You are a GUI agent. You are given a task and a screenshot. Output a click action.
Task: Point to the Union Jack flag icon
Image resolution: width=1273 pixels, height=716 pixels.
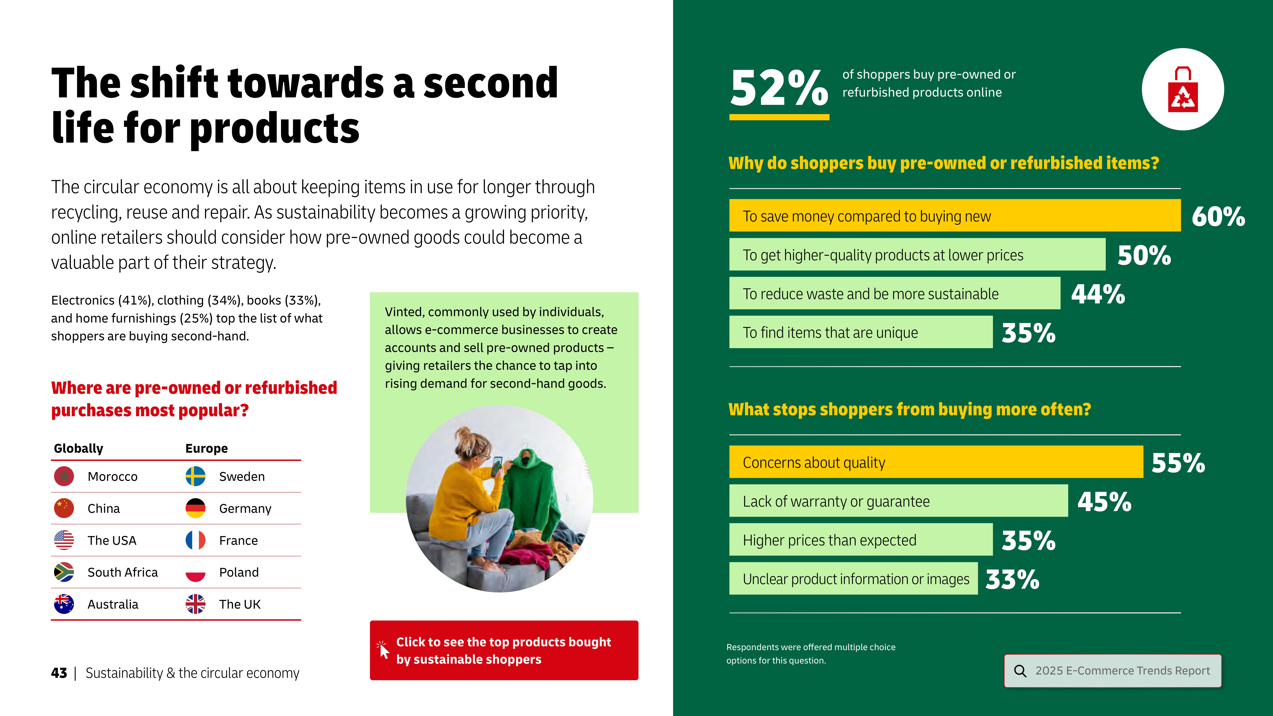pyautogui.click(x=195, y=604)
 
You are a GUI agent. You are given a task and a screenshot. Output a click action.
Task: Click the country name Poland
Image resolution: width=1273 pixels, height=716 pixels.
pyautogui.click(x=239, y=572)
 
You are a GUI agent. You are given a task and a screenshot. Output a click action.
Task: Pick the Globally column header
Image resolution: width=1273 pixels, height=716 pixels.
pyautogui.click(x=79, y=448)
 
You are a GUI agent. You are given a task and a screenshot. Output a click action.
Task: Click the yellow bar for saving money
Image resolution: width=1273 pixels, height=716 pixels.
pyautogui.click(x=955, y=215)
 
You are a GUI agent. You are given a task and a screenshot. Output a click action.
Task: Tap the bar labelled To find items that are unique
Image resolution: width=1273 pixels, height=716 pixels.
pyautogui.click(x=861, y=332)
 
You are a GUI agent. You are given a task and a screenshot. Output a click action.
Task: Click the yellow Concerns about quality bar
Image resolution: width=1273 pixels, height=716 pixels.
pyautogui.click(x=936, y=462)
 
